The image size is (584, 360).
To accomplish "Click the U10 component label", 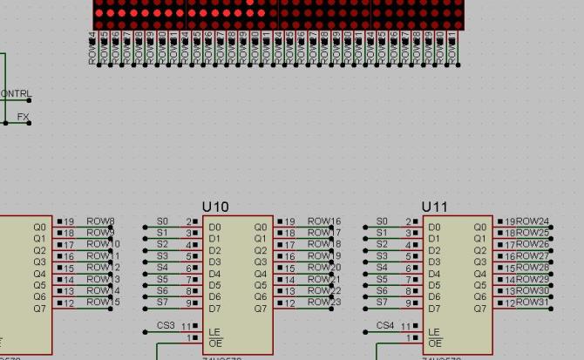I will (215, 207).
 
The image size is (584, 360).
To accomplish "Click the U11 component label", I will (435, 207).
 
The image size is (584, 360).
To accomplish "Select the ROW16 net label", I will (324, 221).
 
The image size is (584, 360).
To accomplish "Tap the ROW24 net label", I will (533, 221).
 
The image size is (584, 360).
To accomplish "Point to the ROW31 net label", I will (533, 302).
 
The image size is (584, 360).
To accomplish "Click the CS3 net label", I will (166, 325).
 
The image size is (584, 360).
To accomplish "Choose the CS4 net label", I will (385, 325).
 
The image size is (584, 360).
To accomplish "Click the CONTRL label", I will (16, 94).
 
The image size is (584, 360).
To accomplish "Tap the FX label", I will (23, 117).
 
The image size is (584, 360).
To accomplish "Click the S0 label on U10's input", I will (162, 221).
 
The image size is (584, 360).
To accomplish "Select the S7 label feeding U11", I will (382, 302).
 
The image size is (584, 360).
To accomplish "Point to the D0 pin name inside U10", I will (214, 228).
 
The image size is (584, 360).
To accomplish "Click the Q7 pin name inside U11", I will (479, 309).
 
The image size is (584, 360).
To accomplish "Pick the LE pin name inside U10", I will (214, 332).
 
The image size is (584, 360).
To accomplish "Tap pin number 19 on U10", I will (290, 221).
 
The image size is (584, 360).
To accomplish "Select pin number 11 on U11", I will (405, 327).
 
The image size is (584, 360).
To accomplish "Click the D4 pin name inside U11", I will (434, 274).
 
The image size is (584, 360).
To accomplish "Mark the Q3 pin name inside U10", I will (260, 262).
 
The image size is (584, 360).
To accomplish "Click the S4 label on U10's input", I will (162, 268).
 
